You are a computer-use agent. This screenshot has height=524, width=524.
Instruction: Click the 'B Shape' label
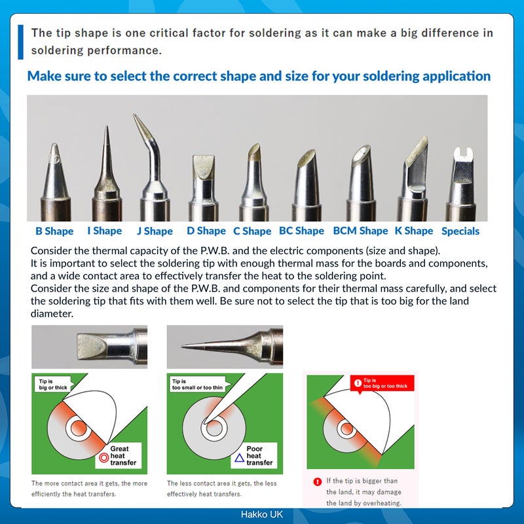(x=54, y=231)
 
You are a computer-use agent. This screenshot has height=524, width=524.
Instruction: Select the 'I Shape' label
(x=104, y=231)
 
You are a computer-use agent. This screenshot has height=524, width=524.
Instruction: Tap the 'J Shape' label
(x=155, y=231)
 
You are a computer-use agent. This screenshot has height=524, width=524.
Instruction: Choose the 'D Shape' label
(x=206, y=231)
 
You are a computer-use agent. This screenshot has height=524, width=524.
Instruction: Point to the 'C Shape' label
(x=252, y=231)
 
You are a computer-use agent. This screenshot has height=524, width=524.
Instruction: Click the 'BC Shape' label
(x=301, y=231)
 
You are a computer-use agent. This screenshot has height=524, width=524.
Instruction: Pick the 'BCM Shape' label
(x=360, y=231)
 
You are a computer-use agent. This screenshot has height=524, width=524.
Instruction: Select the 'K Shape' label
(x=413, y=231)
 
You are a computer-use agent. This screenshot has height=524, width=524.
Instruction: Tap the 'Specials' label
(x=460, y=231)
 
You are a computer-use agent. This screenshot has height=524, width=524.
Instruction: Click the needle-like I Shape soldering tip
(x=105, y=164)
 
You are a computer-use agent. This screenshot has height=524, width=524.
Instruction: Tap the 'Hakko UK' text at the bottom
(x=261, y=515)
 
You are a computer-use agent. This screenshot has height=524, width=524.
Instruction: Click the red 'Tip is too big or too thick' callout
(x=380, y=383)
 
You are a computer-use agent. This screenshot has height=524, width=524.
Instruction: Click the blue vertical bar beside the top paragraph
(x=20, y=41)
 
